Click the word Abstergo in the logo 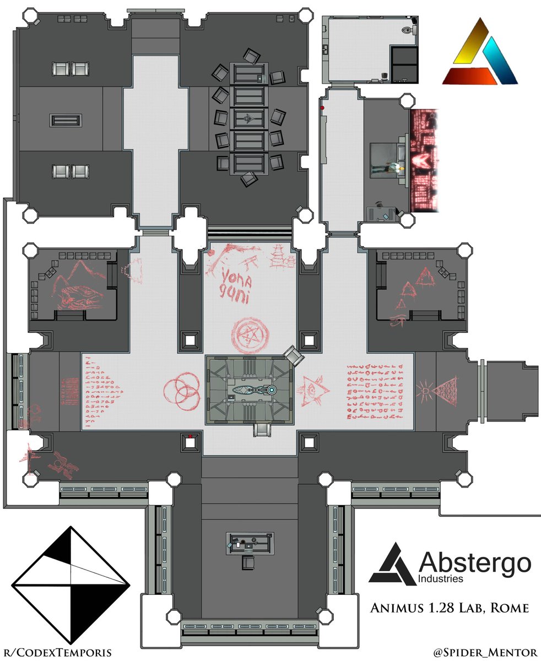[475, 563]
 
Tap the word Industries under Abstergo [441, 579]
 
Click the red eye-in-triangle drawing [313, 390]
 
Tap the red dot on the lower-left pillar [190, 436]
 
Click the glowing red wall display [423, 161]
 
